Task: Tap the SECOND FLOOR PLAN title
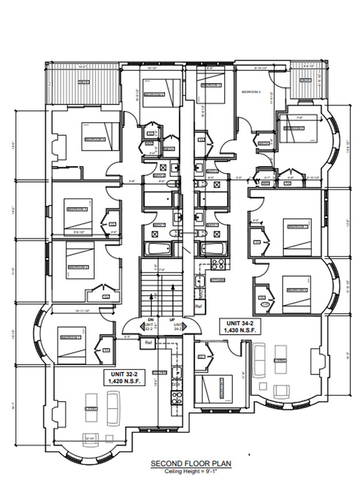coord(191,465)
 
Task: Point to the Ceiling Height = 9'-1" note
coord(191,472)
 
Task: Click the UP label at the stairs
coord(172,319)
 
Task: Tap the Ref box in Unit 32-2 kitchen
coord(149,343)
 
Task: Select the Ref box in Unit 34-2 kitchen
coord(199,306)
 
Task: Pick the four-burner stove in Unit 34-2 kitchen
coord(218,264)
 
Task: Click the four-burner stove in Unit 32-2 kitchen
coord(176,395)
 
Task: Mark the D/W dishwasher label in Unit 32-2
coord(177,384)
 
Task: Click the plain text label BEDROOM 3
coord(251,91)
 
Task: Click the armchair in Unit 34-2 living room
coord(280,391)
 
